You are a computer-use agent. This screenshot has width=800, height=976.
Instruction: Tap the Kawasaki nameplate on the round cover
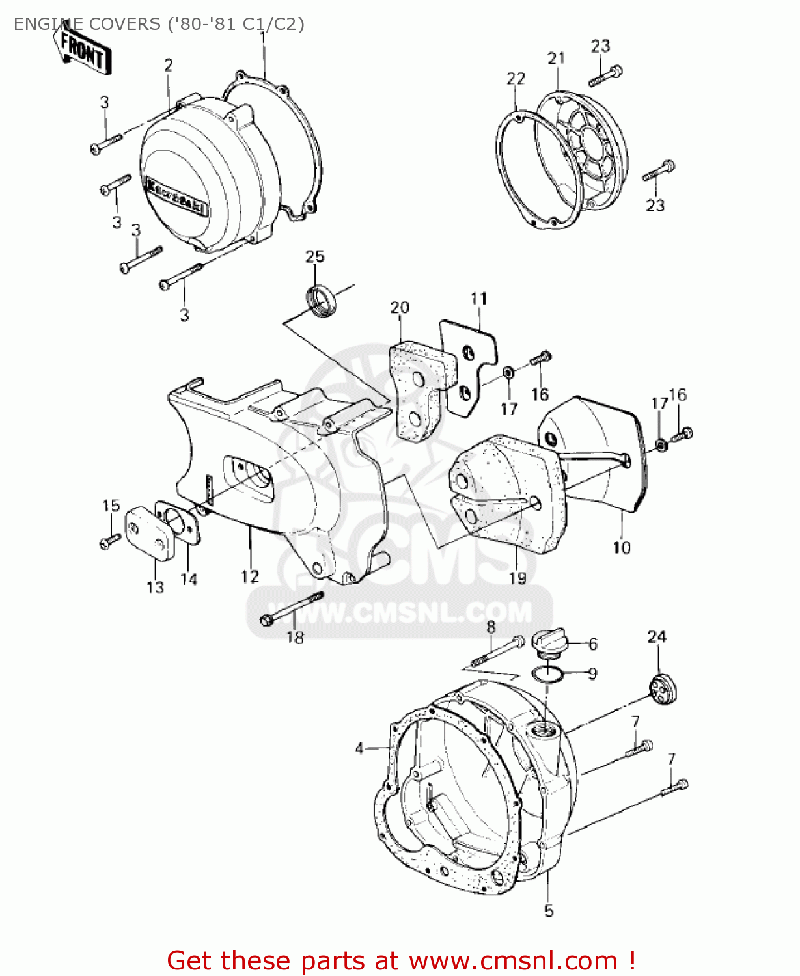[x=177, y=197]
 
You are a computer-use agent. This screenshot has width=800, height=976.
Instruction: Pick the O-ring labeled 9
[x=547, y=675]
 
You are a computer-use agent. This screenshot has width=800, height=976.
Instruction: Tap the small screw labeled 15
[x=110, y=539]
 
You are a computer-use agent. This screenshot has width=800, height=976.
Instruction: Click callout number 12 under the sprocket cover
[x=250, y=576]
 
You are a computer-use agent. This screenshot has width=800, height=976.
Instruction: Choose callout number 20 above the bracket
[x=400, y=307]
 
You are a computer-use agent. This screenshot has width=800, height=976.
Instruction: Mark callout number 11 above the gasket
[x=478, y=299]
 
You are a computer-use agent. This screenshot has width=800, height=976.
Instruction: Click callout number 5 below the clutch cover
[x=549, y=911]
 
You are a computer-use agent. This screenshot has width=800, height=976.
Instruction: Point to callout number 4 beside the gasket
[x=359, y=749]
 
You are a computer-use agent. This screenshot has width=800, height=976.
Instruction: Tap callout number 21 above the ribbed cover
[x=556, y=59]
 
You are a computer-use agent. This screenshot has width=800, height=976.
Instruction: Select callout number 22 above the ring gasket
[x=516, y=79]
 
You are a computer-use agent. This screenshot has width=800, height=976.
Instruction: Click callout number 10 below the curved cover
[x=622, y=548]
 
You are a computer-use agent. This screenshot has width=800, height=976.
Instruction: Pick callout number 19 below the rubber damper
[x=517, y=578]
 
